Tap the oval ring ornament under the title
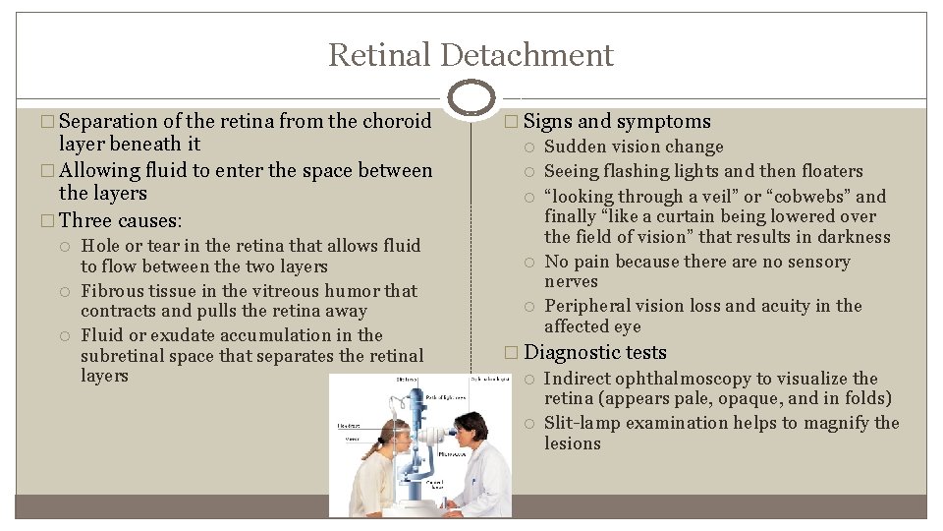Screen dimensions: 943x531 point(471,97)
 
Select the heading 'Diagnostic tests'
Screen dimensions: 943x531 point(595,352)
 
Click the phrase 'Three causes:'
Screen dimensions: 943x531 point(121,219)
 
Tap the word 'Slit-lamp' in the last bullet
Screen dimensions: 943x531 point(582,423)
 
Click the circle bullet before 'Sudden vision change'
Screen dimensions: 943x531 point(530,147)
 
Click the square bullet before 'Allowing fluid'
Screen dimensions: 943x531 point(50,171)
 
